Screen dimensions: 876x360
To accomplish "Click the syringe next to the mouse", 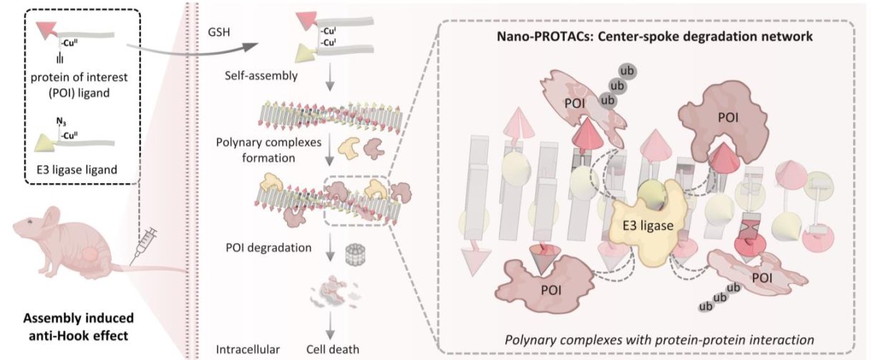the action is click(144, 246).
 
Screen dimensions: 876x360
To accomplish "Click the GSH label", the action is click(218, 32).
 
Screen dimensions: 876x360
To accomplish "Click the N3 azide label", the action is click(61, 122).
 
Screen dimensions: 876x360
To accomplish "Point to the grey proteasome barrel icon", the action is click(355, 254).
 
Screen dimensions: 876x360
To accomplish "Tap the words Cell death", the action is click(332, 349).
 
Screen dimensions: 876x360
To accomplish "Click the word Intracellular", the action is click(248, 349).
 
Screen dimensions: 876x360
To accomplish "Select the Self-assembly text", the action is click(261, 75).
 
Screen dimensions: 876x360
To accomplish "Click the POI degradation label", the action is click(268, 248).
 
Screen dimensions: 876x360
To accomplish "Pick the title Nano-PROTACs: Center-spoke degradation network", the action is click(655, 37).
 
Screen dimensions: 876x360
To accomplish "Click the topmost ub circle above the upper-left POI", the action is click(627, 72).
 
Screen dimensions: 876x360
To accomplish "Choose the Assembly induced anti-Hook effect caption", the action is click(78, 327).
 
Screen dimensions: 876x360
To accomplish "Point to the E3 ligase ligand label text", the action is click(77, 170).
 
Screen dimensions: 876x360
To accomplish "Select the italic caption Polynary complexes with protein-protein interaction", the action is click(659, 339).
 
